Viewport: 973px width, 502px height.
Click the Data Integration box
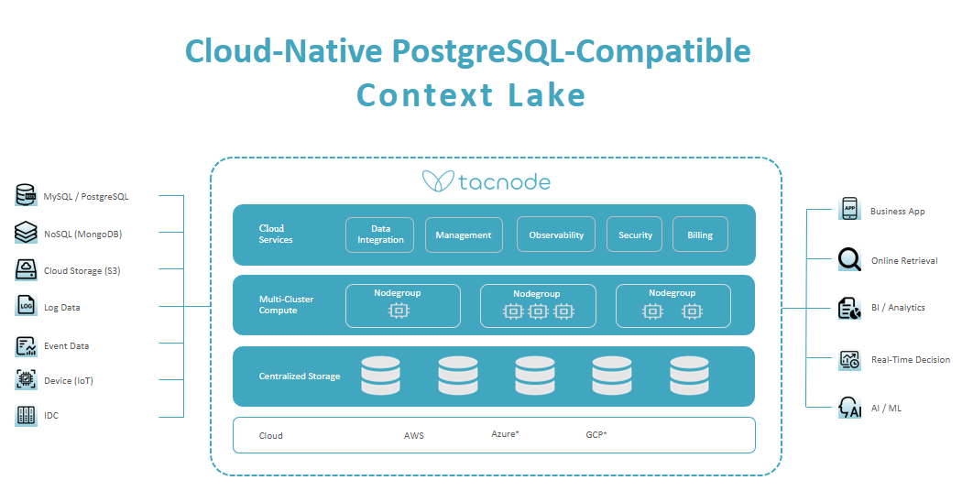(x=380, y=235)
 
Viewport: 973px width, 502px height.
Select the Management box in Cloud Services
(x=464, y=235)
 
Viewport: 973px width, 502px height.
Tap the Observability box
(x=556, y=235)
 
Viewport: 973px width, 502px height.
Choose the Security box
(x=635, y=235)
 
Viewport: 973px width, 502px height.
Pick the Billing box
(x=700, y=235)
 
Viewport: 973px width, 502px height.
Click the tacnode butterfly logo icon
(x=438, y=181)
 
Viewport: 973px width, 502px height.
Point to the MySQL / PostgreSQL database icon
(x=26, y=195)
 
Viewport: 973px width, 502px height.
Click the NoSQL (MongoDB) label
(x=82, y=234)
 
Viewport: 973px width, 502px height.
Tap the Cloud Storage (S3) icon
(x=26, y=270)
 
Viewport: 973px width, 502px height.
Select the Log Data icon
(x=26, y=306)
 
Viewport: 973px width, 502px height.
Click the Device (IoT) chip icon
(x=26, y=379)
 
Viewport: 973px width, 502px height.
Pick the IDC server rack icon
(x=26, y=415)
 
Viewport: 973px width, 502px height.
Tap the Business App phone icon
(x=849, y=209)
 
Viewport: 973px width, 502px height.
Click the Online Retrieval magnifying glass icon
(x=849, y=259)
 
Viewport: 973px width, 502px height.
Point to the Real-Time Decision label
(x=911, y=359)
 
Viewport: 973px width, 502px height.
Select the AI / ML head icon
(x=849, y=408)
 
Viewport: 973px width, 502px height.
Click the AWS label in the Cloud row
(x=414, y=436)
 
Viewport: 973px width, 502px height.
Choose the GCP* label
(x=596, y=434)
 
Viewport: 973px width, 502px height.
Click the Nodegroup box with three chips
(x=538, y=306)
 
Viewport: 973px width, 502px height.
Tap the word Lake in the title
(x=547, y=95)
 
